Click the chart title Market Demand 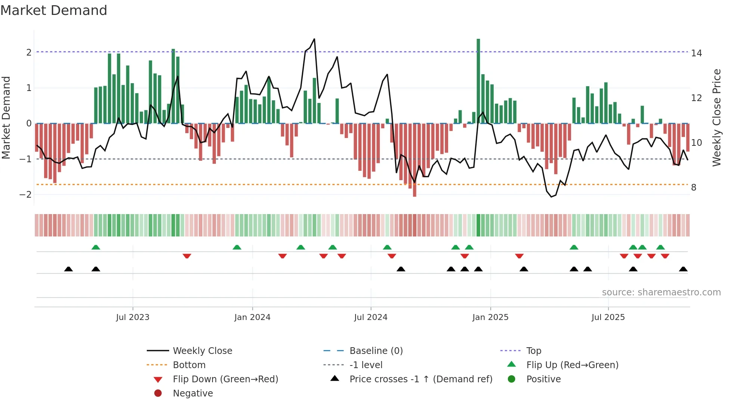[54, 10]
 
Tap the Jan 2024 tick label [252, 317]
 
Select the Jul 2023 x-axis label [133, 317]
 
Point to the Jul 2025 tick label [608, 317]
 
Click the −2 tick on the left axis [25, 195]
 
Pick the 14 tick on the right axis [696, 53]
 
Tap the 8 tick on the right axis [694, 188]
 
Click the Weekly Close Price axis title [716, 117]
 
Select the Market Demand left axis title [6, 117]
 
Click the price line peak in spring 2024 [314, 39]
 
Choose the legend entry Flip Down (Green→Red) [225, 379]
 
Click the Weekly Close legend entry [202, 351]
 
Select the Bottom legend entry [189, 365]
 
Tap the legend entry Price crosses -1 [421, 379]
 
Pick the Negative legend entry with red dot [193, 393]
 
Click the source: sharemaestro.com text [661, 292]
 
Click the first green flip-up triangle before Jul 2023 [96, 247]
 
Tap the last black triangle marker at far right [683, 269]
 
